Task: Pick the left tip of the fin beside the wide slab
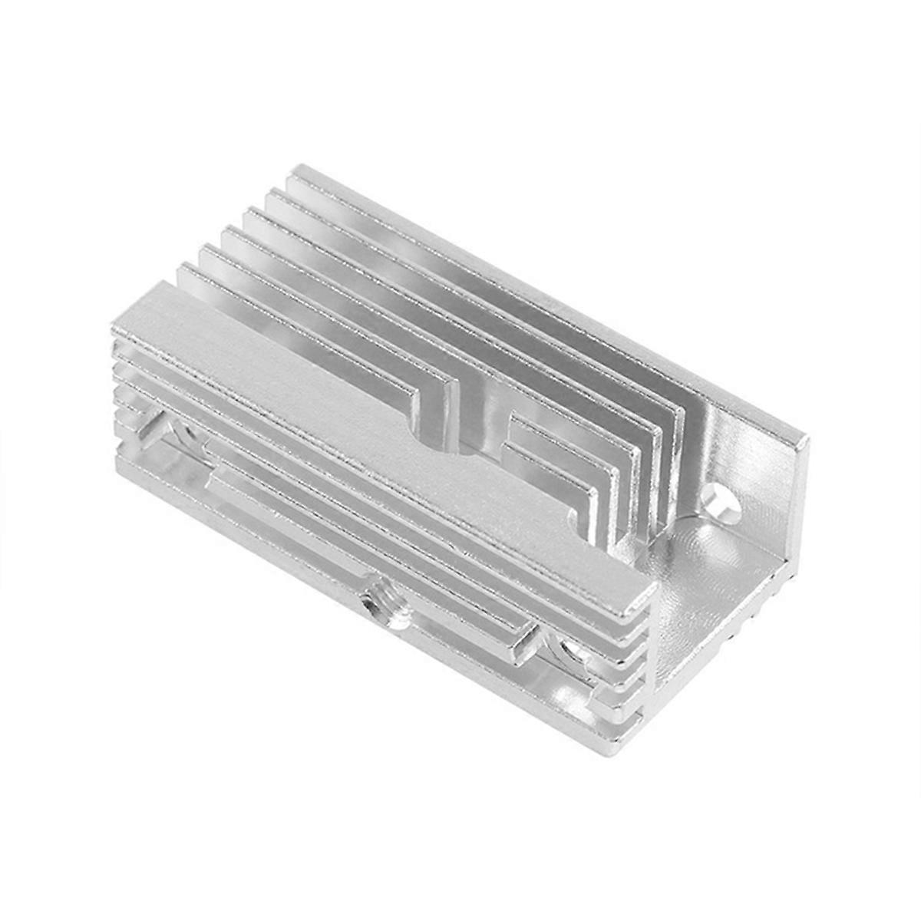click(184, 269)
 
